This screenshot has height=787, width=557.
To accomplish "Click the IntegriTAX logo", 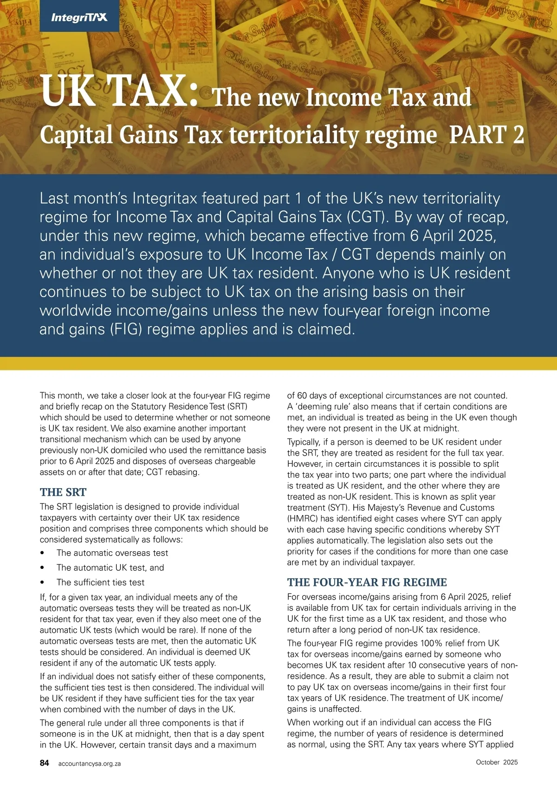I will pyautogui.click(x=79, y=18).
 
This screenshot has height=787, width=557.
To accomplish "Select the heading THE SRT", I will pyautogui.click(x=63, y=492).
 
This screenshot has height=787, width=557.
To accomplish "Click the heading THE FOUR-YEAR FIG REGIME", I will pyautogui.click(x=367, y=582).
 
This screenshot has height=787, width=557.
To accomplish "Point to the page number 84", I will pyautogui.click(x=45, y=763).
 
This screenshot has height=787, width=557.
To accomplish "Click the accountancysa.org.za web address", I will pyautogui.click(x=90, y=763).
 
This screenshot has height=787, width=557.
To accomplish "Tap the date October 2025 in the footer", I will pyautogui.click(x=497, y=762).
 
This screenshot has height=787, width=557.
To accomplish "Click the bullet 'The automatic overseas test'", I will pyautogui.click(x=112, y=553).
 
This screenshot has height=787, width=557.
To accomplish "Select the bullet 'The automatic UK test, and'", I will pyautogui.click(x=110, y=568).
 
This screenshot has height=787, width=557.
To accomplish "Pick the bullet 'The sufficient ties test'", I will pyautogui.click(x=100, y=582).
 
